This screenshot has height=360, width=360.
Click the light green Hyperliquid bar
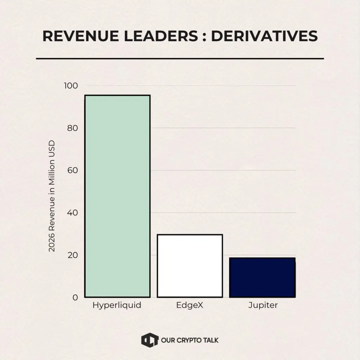click(117, 196)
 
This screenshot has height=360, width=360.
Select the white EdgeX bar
click(190, 266)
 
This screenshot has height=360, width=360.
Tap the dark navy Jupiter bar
click(262, 277)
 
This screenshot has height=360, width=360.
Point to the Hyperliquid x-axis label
click(117, 305)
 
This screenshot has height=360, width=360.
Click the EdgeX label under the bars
click(190, 305)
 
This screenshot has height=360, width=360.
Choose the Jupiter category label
click(263, 305)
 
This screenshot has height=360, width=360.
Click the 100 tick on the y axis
click(71, 86)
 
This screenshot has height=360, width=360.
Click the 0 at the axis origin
click(75, 297)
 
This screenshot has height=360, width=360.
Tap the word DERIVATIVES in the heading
click(264, 36)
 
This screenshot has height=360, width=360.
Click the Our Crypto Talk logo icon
click(148, 340)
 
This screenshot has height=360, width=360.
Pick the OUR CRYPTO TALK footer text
click(189, 340)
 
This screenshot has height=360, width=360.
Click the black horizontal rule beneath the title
click(180, 59)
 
